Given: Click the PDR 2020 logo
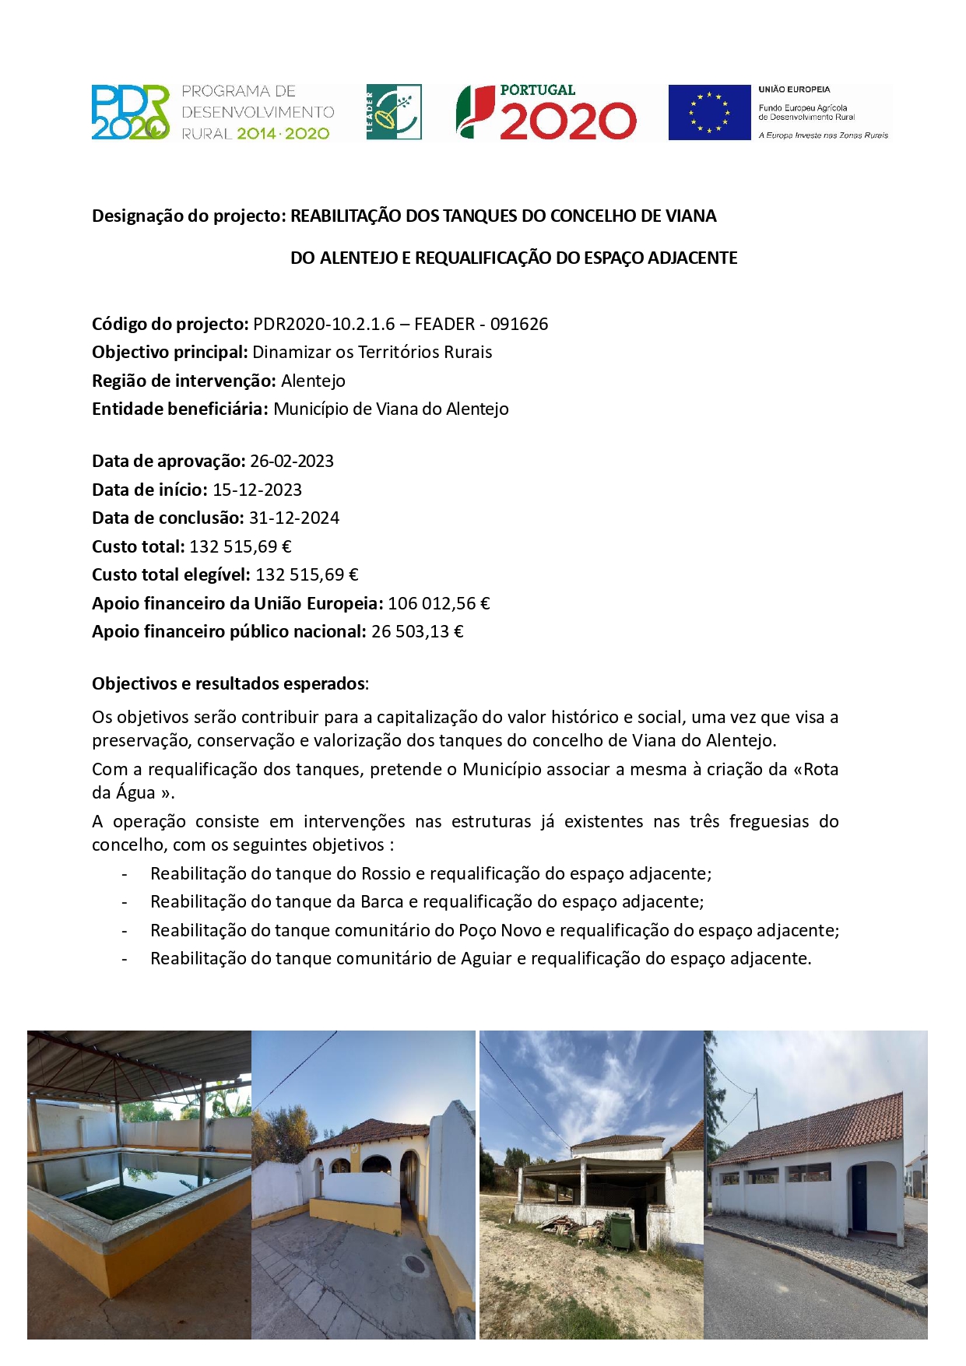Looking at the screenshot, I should coord(131,112).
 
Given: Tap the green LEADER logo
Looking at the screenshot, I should coord(394,112).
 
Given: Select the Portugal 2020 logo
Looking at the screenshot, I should coord(546,112).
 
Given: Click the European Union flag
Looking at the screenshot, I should coord(708,112).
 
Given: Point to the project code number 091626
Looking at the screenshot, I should coord(519,324).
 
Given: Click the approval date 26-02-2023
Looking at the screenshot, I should coord(292,461).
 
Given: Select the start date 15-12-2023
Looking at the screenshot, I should coord(257,490).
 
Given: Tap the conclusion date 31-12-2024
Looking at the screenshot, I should coord(294,518).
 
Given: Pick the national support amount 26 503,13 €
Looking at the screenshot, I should coord(417,631).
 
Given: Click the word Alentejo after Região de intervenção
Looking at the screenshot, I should coord(313,381).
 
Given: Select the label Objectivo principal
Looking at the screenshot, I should coord(170,352).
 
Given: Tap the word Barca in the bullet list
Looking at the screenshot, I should coord(381,901).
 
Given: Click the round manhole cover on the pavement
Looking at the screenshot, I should coord(416,1262).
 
